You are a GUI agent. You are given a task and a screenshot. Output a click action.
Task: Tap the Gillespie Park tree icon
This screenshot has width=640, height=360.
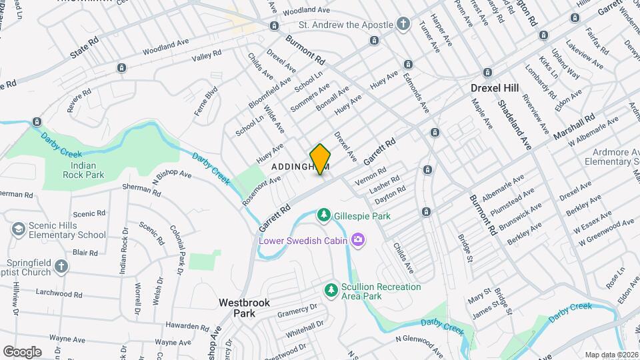click(323, 215)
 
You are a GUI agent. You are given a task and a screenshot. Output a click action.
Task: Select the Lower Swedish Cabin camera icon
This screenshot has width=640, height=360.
click(358, 239)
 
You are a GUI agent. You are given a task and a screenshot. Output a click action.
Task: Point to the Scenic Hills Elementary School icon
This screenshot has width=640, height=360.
click(18, 229)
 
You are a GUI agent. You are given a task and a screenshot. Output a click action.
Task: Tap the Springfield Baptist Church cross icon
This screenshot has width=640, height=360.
click(61, 267)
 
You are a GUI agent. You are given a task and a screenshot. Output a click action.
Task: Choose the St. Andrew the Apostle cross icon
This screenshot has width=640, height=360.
click(403, 25)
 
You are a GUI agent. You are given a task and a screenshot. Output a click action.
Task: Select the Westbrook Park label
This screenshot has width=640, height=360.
click(245, 307)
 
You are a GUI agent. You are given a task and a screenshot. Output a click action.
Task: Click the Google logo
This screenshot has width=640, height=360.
click(22, 351)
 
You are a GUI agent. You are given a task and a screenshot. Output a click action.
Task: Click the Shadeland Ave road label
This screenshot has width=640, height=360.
click(515, 124)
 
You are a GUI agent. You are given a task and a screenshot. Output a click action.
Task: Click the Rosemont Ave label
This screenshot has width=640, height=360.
click(262, 189)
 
